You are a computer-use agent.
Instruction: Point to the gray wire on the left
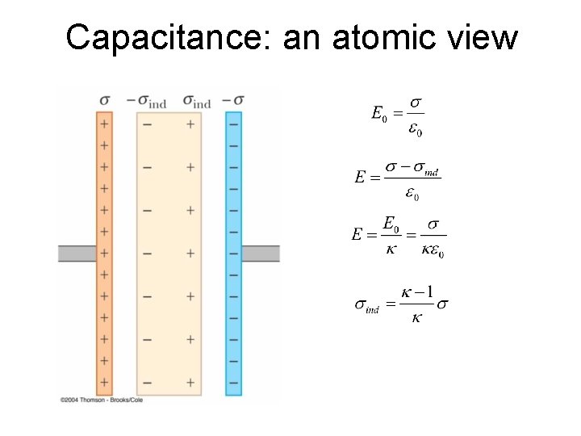tap(77, 254)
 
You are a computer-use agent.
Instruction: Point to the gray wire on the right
tap(261, 254)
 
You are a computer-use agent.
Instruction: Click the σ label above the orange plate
tap(104, 100)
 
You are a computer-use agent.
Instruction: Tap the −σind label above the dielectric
tap(147, 101)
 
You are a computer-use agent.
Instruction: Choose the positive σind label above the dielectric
tap(196, 101)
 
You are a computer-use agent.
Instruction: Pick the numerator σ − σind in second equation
tap(412, 169)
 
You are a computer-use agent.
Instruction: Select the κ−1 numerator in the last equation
tap(417, 291)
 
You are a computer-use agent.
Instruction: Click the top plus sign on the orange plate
tap(104, 124)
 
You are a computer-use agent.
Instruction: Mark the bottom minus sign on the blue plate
tap(233, 382)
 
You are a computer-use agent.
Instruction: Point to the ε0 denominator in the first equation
tap(413, 131)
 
